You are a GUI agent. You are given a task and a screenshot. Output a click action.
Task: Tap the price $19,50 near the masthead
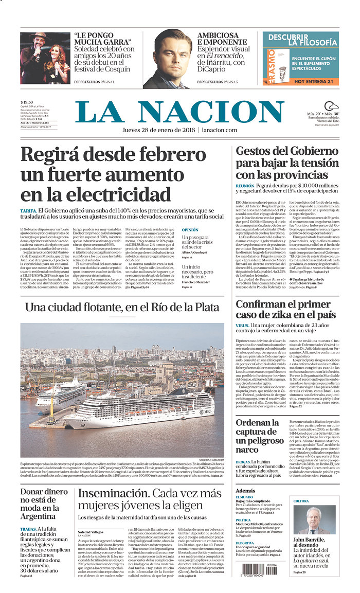27,102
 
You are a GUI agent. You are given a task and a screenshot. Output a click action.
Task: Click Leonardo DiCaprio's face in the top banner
172,54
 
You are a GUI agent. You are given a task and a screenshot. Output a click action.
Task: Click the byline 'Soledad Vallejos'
91,532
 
